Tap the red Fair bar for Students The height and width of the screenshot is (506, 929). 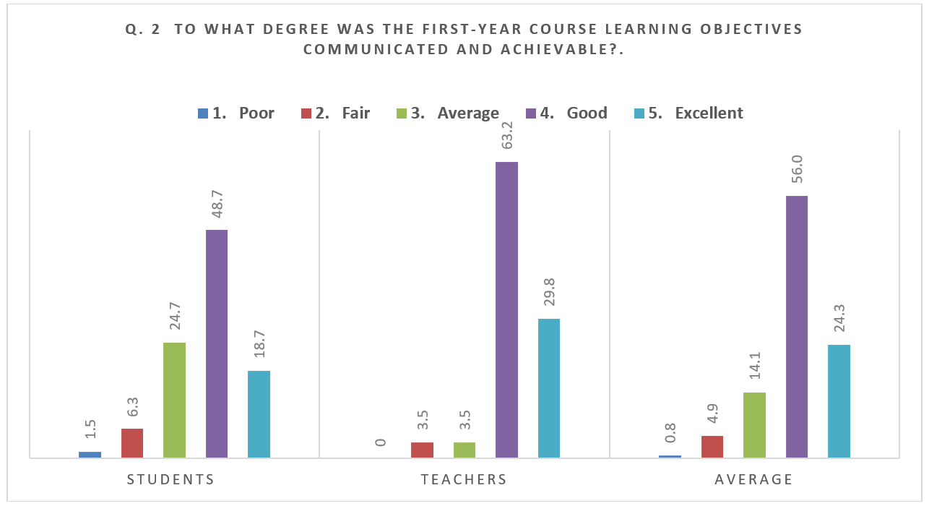click(132, 443)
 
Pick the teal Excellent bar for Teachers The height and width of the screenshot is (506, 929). click(549, 388)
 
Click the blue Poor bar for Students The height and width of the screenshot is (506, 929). click(90, 455)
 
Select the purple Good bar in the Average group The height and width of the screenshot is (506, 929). click(797, 327)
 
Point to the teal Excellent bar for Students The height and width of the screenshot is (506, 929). click(259, 414)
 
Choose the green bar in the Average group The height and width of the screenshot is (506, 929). click(754, 425)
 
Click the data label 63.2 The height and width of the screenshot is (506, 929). click(506, 135)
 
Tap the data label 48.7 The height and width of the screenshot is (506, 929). click(217, 203)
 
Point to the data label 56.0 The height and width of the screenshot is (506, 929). click(797, 169)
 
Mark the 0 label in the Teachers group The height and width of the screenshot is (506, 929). click(379, 442)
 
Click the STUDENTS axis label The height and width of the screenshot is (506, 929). click(170, 479)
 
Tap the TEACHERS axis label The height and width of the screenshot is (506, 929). click(464, 479)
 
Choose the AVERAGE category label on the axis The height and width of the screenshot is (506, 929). click(754, 479)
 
